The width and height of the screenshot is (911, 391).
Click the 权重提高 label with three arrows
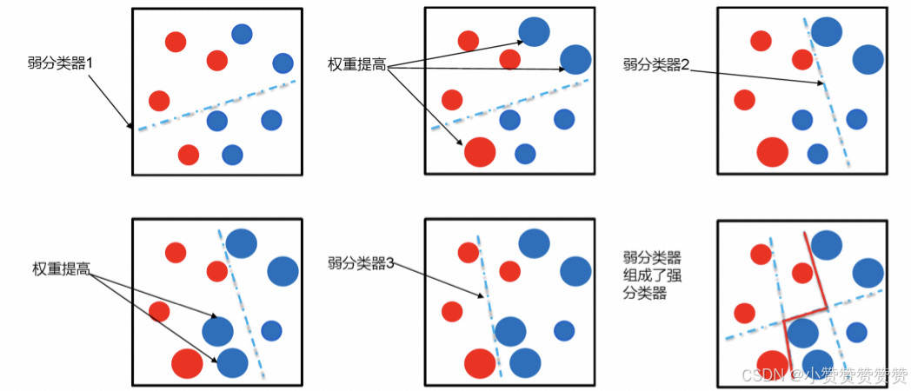tap(356, 64)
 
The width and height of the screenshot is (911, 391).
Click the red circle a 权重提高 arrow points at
tap(480, 151)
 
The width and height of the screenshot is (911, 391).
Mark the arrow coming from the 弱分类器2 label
tap(756, 75)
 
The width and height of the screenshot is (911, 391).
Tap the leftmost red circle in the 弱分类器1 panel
tap(159, 101)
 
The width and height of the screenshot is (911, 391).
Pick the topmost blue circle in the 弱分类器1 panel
tap(242, 34)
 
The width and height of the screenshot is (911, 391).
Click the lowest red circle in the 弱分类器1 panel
tap(188, 155)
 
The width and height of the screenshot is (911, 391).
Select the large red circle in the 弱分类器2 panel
tap(772, 151)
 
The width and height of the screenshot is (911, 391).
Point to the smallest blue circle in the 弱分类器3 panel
tap(564, 330)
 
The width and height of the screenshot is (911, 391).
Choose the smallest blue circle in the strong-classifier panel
tap(857, 332)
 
